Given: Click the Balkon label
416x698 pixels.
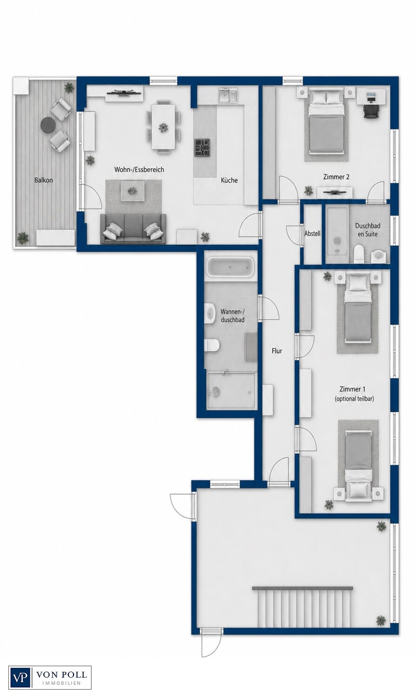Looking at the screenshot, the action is click(x=43, y=180).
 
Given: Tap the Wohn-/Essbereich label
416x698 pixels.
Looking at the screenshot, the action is click(x=139, y=169).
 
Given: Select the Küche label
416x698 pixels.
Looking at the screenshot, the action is click(x=229, y=180).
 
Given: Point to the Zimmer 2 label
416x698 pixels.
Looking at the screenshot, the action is click(x=336, y=177).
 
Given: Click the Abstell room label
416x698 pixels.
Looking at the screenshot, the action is click(x=312, y=234).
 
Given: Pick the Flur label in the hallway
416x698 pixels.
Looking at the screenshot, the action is click(x=277, y=351).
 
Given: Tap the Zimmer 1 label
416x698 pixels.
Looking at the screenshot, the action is click(x=352, y=389).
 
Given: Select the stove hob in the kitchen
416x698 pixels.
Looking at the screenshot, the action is click(x=202, y=148).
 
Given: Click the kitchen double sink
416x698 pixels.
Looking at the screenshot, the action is click(x=228, y=94).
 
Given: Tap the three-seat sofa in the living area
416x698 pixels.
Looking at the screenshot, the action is click(x=133, y=229).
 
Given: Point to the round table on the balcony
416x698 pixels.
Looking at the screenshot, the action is click(x=48, y=125).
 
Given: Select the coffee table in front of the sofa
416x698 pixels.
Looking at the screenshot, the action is click(x=133, y=190).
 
